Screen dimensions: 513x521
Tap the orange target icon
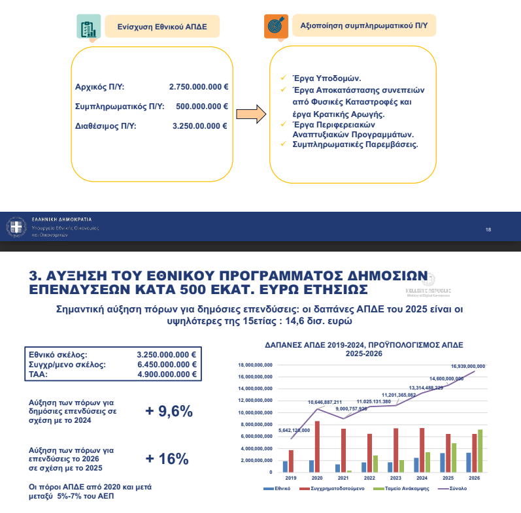[277, 26]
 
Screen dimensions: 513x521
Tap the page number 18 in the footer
[488, 229]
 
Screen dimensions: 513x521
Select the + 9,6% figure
[169, 411]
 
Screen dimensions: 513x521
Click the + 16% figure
[167, 459]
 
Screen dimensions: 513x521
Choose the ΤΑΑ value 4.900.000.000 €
[167, 374]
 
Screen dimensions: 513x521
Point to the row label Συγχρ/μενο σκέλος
[67, 364]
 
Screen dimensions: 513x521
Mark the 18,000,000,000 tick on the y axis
[254, 365]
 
